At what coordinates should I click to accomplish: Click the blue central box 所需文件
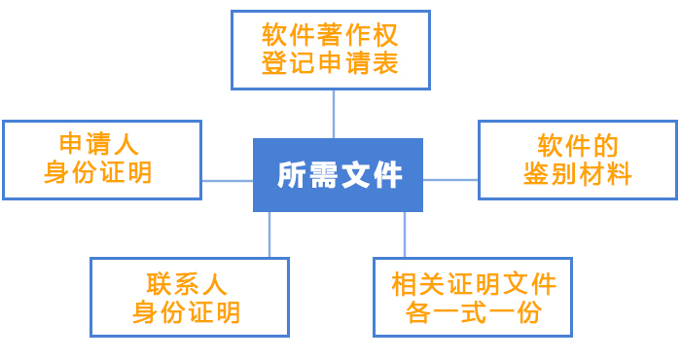(338, 175)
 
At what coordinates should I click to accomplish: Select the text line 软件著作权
(331, 36)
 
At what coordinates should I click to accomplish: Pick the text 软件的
(578, 146)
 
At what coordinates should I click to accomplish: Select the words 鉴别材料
(578, 175)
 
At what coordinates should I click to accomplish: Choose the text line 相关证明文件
(474, 284)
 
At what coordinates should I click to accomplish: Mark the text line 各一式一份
(474, 312)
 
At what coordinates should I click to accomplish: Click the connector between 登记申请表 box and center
(334, 114)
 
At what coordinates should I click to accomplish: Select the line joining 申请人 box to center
(227, 181)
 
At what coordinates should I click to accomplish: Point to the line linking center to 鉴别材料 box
(450, 180)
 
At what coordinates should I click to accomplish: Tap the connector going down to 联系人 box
(269, 234)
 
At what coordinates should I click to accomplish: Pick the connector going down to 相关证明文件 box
(405, 234)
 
